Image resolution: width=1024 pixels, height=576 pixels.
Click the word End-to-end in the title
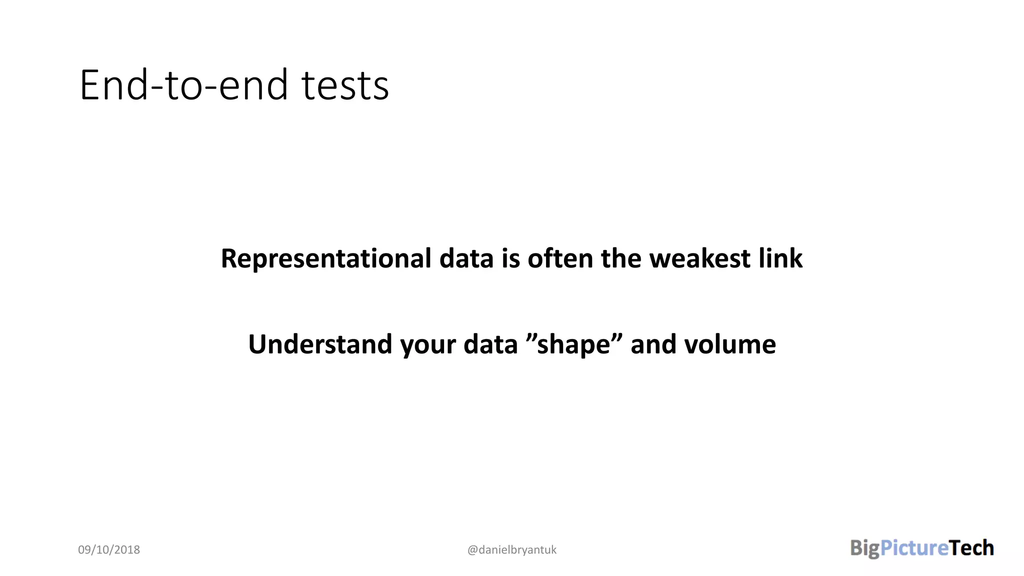pos(183,85)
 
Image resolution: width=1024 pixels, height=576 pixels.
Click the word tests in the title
pos(345,85)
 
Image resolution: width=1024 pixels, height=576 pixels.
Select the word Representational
pos(326,258)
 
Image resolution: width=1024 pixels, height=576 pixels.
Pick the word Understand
pos(320,344)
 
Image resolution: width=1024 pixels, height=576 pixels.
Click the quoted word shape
pos(573,345)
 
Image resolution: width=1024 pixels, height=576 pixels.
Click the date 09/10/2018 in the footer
pos(109,550)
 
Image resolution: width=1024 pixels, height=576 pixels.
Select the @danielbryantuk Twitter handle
pos(511,550)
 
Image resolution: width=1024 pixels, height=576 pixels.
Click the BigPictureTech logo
pos(922,548)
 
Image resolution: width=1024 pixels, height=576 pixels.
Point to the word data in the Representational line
pos(466,258)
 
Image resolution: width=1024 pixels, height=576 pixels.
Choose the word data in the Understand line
pos(490,344)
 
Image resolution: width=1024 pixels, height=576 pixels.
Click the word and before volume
pos(653,344)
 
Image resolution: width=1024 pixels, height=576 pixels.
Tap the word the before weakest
pos(620,258)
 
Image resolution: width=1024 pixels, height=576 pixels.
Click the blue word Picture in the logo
pos(914,548)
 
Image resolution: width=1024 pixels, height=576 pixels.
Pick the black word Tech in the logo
pos(971,548)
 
